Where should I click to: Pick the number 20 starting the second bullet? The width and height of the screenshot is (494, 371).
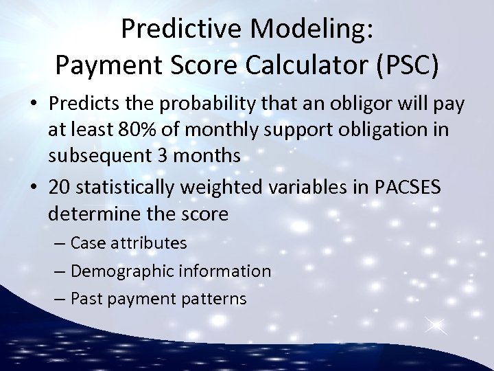[x=59, y=188]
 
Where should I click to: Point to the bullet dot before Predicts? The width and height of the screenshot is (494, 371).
[x=34, y=104]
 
